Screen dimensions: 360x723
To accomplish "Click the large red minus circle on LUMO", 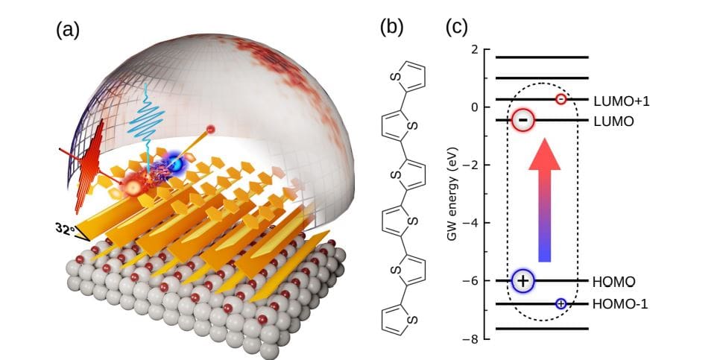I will [x=523, y=119].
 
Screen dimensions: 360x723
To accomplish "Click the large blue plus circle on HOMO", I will [x=524, y=281].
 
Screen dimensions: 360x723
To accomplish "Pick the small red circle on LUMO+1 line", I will [x=561, y=99].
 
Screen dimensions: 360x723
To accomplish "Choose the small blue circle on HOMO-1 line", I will [x=561, y=303].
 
